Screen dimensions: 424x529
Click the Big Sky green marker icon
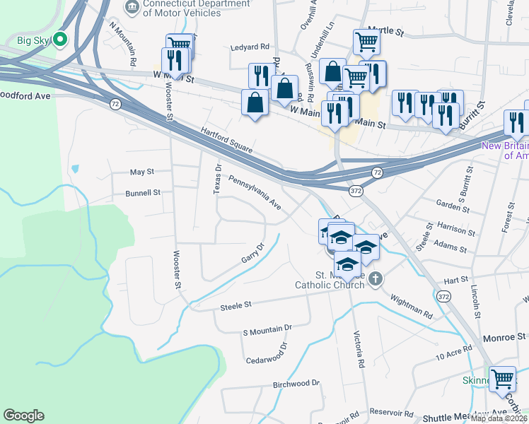click(60, 40)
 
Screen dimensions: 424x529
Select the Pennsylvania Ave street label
click(255, 193)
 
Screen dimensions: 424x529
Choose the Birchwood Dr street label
click(296, 384)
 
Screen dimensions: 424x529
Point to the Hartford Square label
click(226, 139)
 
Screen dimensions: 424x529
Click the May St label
click(142, 172)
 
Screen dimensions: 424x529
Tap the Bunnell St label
click(144, 192)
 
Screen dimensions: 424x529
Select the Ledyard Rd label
click(250, 47)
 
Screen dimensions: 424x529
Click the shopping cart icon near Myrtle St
click(366, 42)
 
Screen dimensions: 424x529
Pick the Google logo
click(23, 416)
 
